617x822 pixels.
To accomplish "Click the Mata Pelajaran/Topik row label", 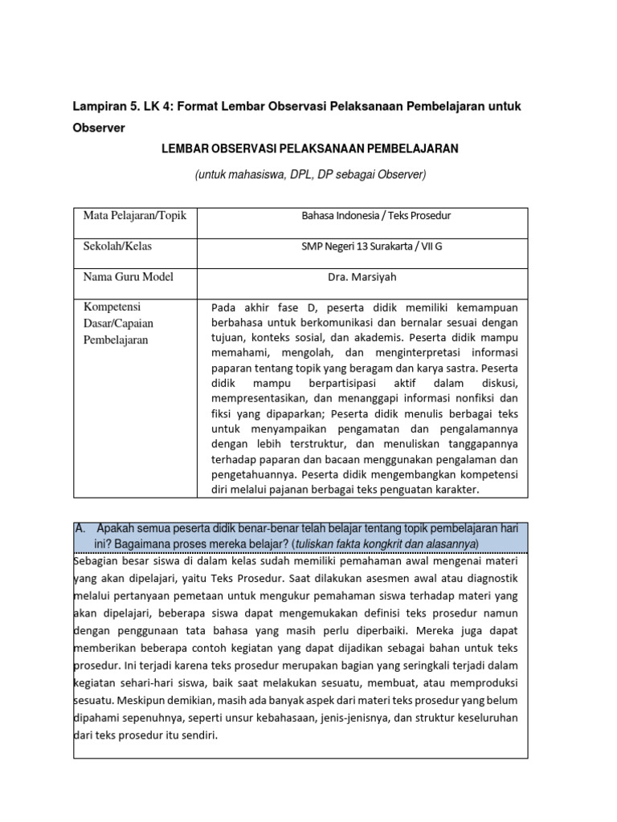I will coord(135,216).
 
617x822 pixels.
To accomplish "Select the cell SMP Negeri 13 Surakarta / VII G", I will coord(370,246).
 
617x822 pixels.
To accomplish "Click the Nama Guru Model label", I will coord(129,277).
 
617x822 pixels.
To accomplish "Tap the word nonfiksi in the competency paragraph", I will coord(471,399).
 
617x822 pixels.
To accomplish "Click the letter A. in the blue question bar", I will coord(80,529).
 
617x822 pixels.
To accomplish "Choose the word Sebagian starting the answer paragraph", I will coord(97,562).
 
